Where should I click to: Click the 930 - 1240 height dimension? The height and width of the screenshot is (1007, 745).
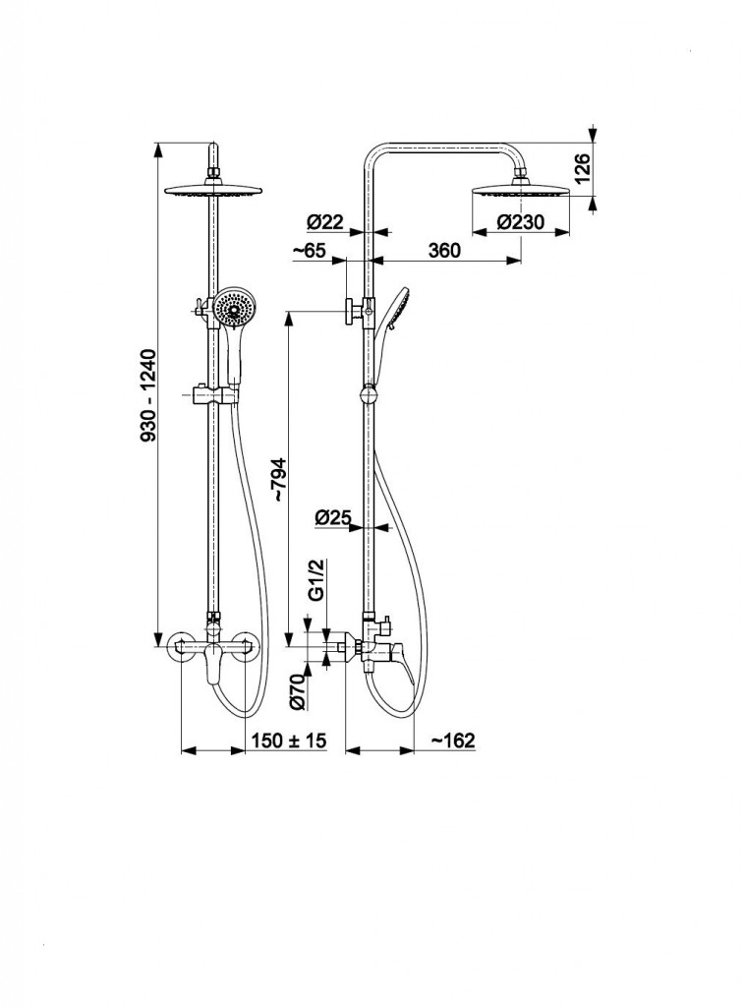click(148, 395)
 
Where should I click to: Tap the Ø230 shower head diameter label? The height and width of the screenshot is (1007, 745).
click(520, 222)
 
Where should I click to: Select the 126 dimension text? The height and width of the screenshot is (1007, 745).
click(581, 168)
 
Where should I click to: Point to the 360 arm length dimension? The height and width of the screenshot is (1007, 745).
click(444, 250)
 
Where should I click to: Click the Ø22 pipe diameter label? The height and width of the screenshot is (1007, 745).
click(324, 222)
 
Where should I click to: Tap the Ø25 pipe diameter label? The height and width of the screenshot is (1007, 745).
click(333, 516)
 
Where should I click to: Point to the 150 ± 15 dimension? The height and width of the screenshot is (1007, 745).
click(289, 740)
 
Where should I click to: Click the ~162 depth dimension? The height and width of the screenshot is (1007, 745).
click(452, 740)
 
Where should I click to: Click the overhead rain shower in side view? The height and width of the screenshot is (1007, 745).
click(521, 190)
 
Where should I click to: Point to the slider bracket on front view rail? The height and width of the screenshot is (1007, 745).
click(215, 391)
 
